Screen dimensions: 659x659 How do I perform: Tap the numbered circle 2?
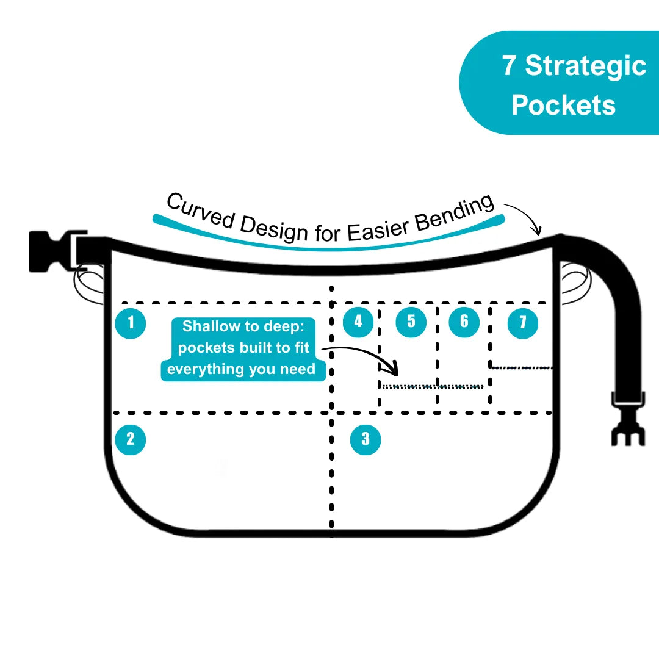tap(131, 439)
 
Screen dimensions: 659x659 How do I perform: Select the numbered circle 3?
tap(366, 439)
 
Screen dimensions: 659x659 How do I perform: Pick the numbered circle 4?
tap(358, 322)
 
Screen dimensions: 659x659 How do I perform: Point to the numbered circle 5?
tap(411, 322)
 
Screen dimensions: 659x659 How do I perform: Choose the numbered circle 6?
tap(464, 322)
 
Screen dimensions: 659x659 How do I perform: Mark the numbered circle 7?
tap(523, 323)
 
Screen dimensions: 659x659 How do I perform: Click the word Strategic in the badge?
tap(585, 66)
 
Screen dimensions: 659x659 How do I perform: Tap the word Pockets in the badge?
tap(563, 105)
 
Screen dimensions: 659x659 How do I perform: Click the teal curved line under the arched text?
tap(329, 246)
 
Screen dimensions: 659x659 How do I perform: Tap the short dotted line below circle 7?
tap(523, 367)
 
